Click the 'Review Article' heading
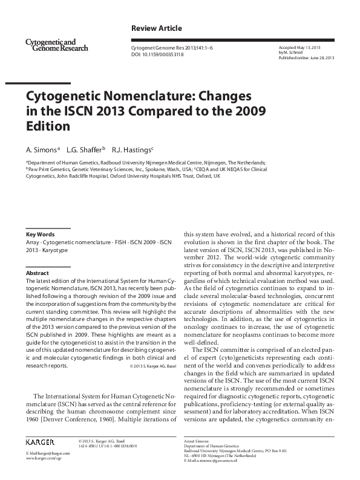click(156, 28)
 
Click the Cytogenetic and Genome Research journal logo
click(57, 44)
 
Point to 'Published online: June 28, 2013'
click(306, 57)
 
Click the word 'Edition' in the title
click(48, 126)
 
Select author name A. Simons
click(42, 149)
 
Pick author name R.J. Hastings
click(135, 149)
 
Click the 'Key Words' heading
click(41, 234)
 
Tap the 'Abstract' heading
click(37, 273)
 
